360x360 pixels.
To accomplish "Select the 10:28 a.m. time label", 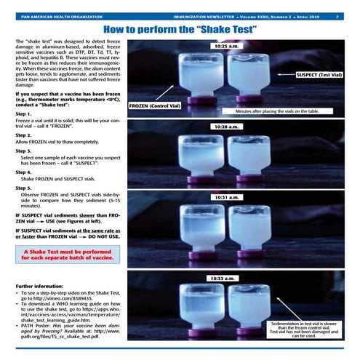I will (x=226, y=127).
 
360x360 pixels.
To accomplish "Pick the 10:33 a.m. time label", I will (x=226, y=278).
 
